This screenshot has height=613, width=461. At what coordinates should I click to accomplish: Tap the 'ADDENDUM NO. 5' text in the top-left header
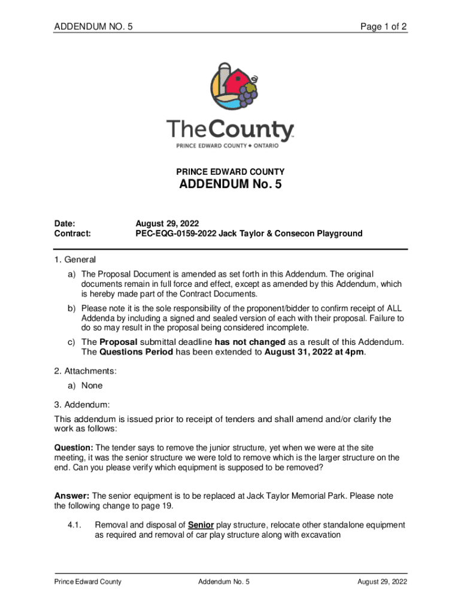click(x=93, y=26)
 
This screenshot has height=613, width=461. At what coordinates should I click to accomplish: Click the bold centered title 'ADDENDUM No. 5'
click(x=230, y=185)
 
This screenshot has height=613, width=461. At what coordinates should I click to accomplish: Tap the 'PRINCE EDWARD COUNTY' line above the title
click(x=230, y=171)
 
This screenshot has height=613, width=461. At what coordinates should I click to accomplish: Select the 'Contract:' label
click(x=72, y=233)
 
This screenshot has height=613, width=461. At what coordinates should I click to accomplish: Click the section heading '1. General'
click(x=75, y=260)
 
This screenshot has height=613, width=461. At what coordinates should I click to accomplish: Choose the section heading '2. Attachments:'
click(x=86, y=372)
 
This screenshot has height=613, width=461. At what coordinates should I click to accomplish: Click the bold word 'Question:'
click(x=74, y=447)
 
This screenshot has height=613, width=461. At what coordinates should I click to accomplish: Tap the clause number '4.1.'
click(x=74, y=525)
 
